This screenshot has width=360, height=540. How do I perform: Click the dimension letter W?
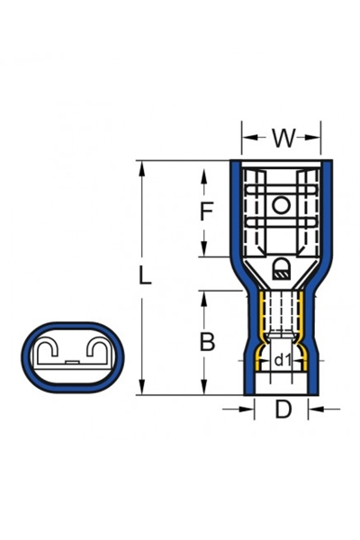click(x=283, y=139)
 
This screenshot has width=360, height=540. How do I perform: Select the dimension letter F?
click(x=206, y=212)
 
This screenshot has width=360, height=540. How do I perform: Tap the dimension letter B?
click(x=206, y=342)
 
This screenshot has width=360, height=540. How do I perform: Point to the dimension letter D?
click(x=283, y=410)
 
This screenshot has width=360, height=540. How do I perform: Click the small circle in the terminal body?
click(x=281, y=206)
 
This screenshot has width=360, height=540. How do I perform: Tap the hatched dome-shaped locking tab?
click(x=281, y=266)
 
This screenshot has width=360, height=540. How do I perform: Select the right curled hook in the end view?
click(x=94, y=346)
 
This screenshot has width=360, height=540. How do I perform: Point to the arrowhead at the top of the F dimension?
click(x=206, y=167)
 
